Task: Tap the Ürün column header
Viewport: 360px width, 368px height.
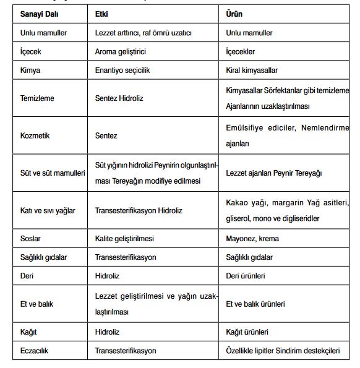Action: (x=235, y=13)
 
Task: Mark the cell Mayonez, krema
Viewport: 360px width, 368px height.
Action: (x=252, y=238)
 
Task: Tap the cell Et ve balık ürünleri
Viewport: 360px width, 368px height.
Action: (x=255, y=304)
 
